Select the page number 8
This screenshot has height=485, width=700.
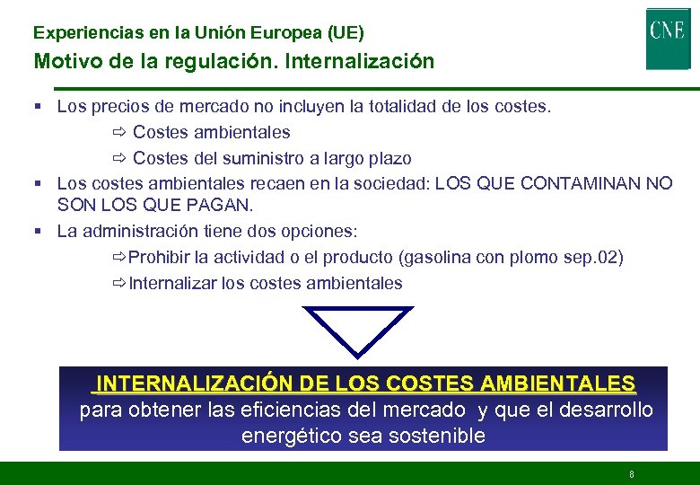pos(632,474)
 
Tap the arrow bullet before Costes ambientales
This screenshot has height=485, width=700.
pos(121,133)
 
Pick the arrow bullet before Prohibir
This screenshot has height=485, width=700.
pos(118,258)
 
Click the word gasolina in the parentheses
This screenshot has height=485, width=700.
pos(442,258)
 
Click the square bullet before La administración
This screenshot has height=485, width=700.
pos(39,231)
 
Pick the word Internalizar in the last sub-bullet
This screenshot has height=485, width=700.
pos(172,284)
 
